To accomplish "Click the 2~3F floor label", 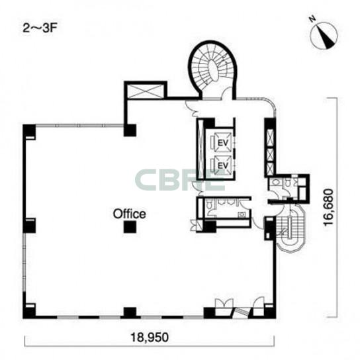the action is pyautogui.click(x=40, y=28).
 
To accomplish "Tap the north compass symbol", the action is pyautogui.click(x=323, y=34).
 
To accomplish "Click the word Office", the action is pyautogui.click(x=130, y=214).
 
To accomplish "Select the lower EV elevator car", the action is pyautogui.click(x=222, y=165).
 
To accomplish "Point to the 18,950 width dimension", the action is pyautogui.click(x=150, y=337).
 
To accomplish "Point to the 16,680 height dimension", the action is pyautogui.click(x=328, y=207).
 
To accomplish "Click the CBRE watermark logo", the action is pyautogui.click(x=180, y=180).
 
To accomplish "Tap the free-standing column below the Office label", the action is pyautogui.click(x=130, y=227).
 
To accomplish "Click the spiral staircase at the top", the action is pyautogui.click(x=212, y=69).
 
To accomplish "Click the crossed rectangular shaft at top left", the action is pyautogui.click(x=146, y=91).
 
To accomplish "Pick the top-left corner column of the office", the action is pyautogui.click(x=29, y=131).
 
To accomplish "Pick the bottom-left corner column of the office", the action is pyautogui.click(x=29, y=311).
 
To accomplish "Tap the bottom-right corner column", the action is pyautogui.click(x=269, y=312).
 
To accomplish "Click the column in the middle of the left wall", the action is pyautogui.click(x=29, y=226).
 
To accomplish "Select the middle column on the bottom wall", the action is pyautogui.click(x=130, y=313).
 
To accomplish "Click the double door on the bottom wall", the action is pyautogui.click(x=224, y=304).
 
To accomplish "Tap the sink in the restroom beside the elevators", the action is pyautogui.click(x=242, y=215).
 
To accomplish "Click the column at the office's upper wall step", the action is pyautogui.click(x=130, y=130).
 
